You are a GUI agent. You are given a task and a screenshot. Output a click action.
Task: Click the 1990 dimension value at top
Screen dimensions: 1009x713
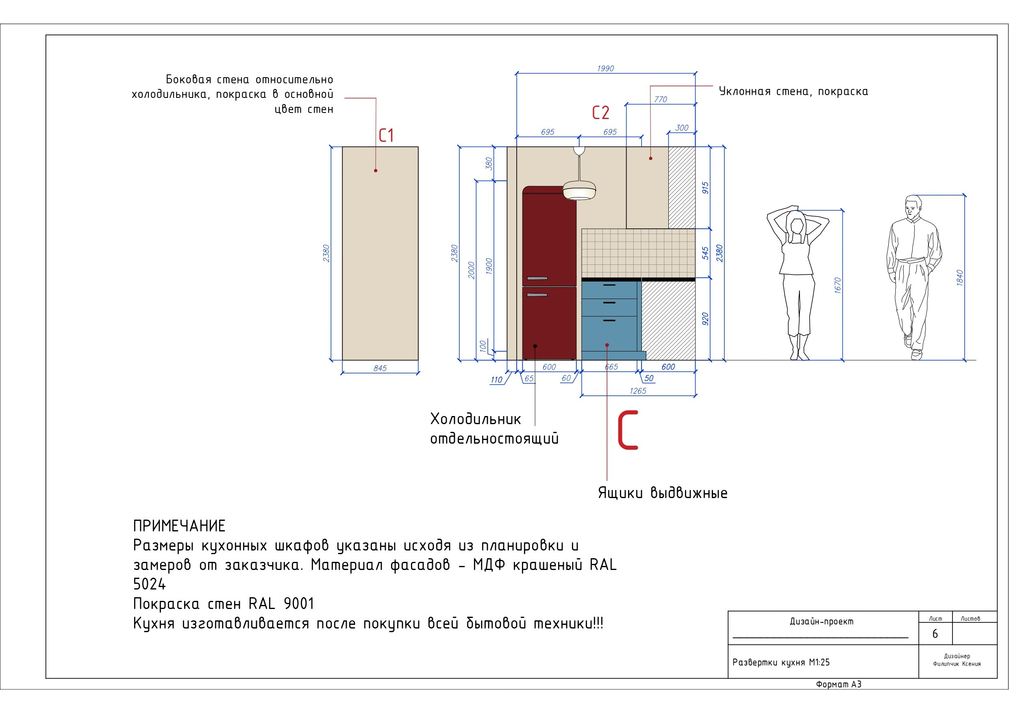tap(605, 69)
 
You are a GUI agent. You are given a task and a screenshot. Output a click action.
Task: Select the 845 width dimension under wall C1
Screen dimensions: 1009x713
tap(380, 368)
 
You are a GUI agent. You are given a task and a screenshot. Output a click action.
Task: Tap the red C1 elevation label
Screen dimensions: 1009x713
tap(386, 135)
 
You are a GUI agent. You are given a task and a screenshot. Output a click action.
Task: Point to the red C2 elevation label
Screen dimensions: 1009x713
tap(601, 113)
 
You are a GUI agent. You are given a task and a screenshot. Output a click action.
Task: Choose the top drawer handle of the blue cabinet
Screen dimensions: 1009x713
tap(609, 286)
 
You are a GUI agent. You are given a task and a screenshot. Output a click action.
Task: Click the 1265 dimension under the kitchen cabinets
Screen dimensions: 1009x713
tap(638, 391)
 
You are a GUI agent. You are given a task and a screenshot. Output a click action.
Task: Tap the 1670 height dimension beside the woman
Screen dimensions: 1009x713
tap(837, 286)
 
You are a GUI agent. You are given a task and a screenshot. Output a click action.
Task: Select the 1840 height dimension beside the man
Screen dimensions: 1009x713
tap(959, 278)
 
